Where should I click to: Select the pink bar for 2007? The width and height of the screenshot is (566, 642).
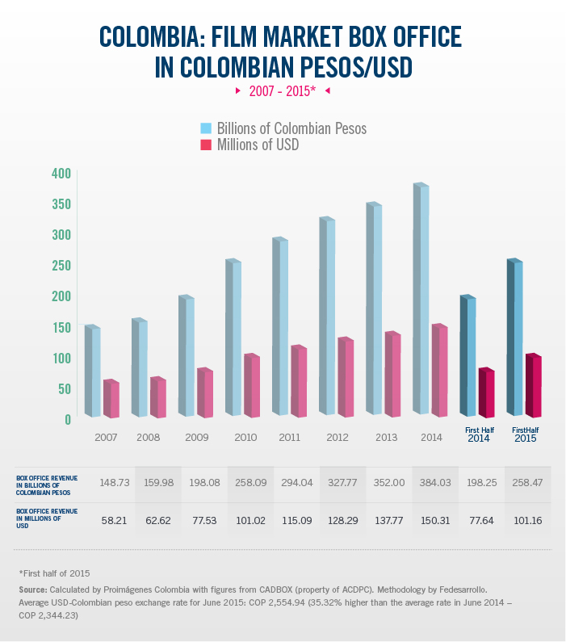[x=111, y=399]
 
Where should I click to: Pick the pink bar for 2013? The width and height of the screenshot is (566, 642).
[x=393, y=375]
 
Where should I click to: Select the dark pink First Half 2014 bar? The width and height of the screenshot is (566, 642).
[x=485, y=393]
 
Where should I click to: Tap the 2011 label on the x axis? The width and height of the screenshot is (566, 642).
[x=288, y=437]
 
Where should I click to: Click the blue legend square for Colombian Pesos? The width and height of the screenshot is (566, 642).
[x=206, y=128]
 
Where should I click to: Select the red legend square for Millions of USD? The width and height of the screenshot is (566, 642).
[x=206, y=145]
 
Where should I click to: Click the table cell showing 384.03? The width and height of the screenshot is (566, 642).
[x=435, y=482]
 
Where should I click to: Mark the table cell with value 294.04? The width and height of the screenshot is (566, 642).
[x=296, y=482]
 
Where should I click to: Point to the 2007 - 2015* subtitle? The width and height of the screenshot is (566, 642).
[x=282, y=92]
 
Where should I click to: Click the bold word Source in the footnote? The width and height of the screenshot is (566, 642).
[x=37, y=590]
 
